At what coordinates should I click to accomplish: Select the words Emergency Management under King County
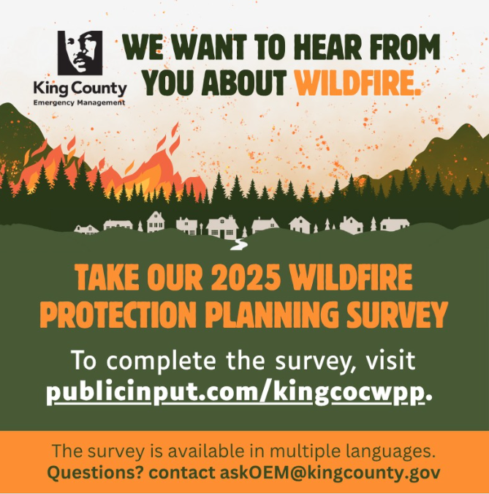tap(80, 102)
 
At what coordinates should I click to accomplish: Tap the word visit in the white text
tap(388, 360)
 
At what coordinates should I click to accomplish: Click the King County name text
tap(80, 89)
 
